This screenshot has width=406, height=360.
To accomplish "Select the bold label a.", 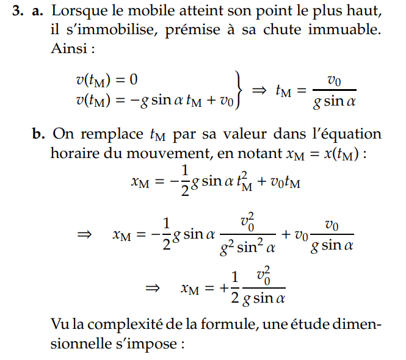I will click(x=40, y=12).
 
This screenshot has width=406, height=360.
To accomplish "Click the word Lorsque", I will click(x=81, y=12).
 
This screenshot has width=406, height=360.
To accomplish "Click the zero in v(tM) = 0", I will click(x=134, y=79).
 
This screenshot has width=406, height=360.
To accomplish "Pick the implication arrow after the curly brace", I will click(x=259, y=91).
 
